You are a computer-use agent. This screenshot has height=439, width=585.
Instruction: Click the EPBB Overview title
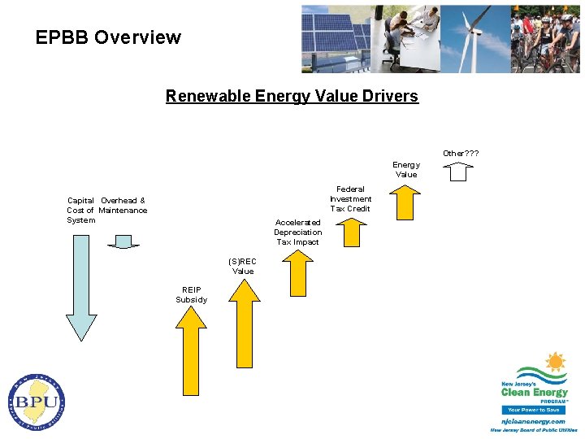click(108, 37)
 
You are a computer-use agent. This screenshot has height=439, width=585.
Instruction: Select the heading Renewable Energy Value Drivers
click(292, 96)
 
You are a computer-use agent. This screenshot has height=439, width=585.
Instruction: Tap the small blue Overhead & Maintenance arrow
click(123, 241)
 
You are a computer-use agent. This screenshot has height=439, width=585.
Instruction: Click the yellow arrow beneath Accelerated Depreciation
click(297, 273)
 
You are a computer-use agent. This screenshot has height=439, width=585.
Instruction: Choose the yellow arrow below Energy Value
click(405, 202)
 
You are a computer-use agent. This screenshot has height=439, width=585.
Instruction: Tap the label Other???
click(460, 153)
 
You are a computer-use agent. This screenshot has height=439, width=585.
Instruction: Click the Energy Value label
click(406, 169)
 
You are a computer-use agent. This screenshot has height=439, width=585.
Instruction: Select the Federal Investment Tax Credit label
click(351, 199)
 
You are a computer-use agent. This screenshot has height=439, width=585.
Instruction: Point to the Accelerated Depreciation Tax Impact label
click(297, 232)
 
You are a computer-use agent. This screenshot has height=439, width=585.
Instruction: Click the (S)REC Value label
click(243, 266)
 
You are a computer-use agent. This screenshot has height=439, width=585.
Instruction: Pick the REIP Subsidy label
click(191, 294)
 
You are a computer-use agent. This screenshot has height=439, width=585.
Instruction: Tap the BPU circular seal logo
click(37, 402)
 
